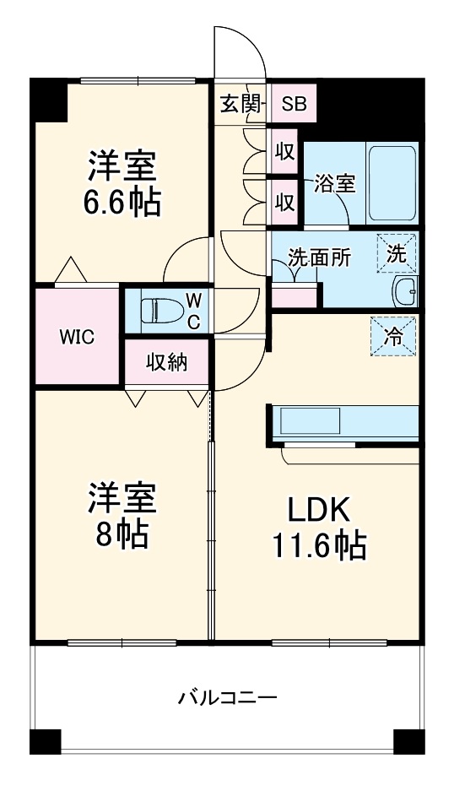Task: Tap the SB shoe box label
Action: click(x=294, y=105)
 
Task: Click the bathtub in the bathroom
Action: click(x=392, y=182)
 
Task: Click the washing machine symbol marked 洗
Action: click(x=397, y=252)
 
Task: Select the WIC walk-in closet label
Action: click(x=76, y=335)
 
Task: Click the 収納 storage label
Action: click(x=167, y=363)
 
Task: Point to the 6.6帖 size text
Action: click(x=122, y=203)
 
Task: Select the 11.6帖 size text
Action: click(x=318, y=547)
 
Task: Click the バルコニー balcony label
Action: click(x=227, y=698)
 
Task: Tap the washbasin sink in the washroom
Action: click(x=405, y=292)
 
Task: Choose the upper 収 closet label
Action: click(x=285, y=153)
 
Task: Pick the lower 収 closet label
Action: click(x=285, y=202)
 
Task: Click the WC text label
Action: click(x=193, y=310)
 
